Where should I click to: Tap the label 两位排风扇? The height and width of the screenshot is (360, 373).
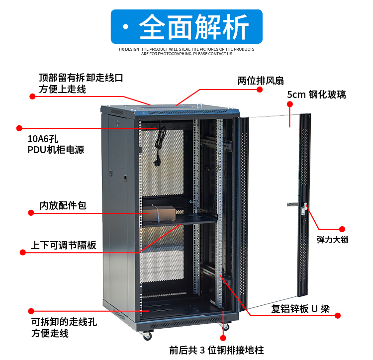[x=261, y=81]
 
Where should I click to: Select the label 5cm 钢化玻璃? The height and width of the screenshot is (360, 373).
[x=316, y=95]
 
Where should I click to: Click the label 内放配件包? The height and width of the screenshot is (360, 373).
[x=63, y=205]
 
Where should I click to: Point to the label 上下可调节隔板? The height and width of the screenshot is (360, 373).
[x=64, y=245]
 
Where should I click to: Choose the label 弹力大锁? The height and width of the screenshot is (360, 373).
[x=333, y=240]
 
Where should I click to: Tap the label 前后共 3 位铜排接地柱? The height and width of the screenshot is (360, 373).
[x=216, y=350]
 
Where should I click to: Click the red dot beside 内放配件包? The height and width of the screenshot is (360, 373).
[x=31, y=213]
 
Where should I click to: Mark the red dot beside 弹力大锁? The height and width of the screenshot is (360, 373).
[x=342, y=229]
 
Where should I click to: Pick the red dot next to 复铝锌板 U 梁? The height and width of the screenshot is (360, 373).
[x=338, y=315]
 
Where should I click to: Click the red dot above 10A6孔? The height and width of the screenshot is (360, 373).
[x=19, y=127]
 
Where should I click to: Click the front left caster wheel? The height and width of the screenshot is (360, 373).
[x=147, y=336]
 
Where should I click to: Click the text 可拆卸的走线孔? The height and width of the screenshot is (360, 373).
[x=64, y=321]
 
